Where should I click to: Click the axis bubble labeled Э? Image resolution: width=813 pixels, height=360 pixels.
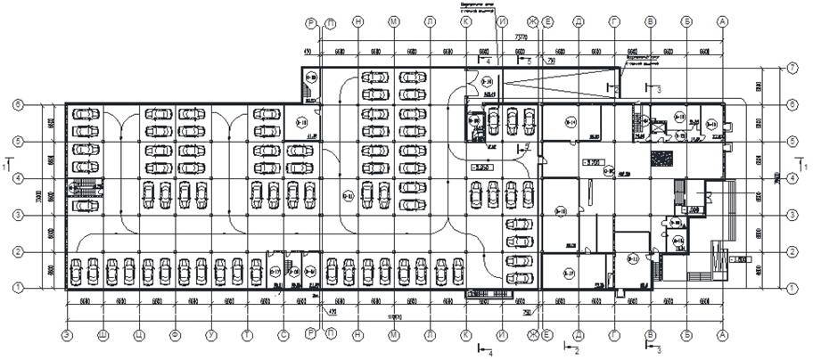point(66,336)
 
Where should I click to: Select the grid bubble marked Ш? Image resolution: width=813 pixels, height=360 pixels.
point(103,336)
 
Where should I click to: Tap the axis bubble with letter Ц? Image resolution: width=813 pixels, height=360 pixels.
point(139,336)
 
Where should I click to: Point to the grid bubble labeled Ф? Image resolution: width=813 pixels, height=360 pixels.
point(176,336)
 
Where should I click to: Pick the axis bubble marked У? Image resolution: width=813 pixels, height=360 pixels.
point(211,336)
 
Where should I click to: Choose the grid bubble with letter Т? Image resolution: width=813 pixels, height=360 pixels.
point(247,336)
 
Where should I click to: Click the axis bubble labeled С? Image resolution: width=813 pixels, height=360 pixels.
point(283,336)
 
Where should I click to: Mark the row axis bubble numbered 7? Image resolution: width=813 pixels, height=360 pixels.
point(792,68)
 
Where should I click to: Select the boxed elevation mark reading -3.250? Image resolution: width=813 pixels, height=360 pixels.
point(481,167)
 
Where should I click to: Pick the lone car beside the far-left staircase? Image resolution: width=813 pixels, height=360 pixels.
point(86,205)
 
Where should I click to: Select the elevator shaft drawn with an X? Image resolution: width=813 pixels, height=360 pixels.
point(661,127)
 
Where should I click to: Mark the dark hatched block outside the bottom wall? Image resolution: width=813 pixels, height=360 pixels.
point(483,294)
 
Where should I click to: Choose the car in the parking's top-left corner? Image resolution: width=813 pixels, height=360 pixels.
point(86,113)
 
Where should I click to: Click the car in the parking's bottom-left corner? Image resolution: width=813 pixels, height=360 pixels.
point(76,269)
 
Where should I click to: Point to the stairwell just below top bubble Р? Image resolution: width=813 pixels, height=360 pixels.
point(309,78)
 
